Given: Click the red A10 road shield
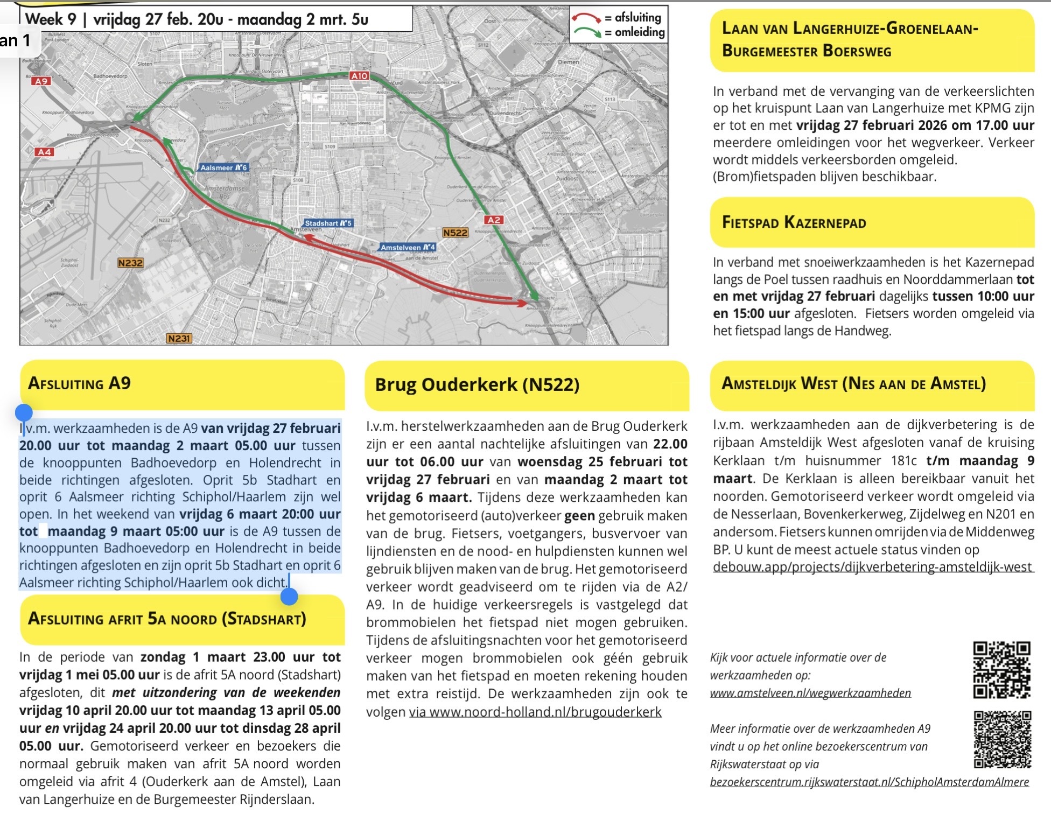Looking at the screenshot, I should point(359,76).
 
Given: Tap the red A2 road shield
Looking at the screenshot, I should point(493,220).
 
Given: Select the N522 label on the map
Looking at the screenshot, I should point(455,233).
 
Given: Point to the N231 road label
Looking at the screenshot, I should point(179,339).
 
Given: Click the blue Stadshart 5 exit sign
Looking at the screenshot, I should point(327,223).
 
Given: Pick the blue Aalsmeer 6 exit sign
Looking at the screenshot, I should point(223,167).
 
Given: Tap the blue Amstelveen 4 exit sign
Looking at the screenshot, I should point(408,247).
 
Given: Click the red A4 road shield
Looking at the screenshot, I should point(44,152).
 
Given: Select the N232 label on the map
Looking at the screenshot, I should point(130,263).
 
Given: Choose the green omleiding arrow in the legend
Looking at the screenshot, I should point(587,32).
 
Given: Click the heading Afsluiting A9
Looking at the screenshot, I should point(79,383).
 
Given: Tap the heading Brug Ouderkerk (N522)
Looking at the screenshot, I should point(477,384).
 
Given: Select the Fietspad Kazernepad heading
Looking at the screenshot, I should point(794,222).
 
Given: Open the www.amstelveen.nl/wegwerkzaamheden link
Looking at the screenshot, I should point(810,693).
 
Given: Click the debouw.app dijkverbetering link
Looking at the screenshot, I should point(872,567).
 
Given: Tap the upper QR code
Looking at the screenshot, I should point(1001,669).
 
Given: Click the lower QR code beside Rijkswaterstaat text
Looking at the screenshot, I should point(1003,739).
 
